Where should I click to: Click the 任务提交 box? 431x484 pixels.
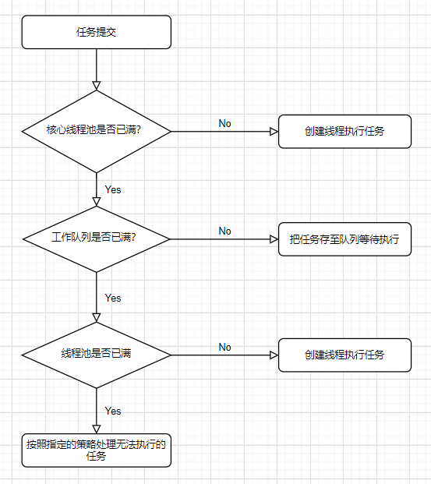click(x=97, y=32)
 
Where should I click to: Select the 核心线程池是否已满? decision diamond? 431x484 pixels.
click(x=97, y=132)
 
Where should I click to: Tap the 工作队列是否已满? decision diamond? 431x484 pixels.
click(x=97, y=239)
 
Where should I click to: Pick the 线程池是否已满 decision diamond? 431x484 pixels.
click(x=97, y=355)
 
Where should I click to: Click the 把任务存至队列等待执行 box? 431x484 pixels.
click(x=344, y=239)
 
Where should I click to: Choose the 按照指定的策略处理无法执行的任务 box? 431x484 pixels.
click(x=97, y=450)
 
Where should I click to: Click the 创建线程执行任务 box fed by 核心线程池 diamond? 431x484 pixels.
click(x=344, y=132)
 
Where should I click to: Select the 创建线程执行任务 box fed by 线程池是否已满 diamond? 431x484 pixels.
click(x=344, y=355)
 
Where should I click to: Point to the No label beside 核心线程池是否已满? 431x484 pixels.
click(x=224, y=123)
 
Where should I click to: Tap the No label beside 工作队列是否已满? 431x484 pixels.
click(x=224, y=231)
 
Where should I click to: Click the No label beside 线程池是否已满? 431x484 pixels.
click(x=224, y=347)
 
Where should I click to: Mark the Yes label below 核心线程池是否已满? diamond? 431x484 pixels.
click(x=113, y=189)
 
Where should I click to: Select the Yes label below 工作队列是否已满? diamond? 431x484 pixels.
click(x=113, y=298)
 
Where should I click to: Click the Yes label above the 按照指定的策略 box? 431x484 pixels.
click(x=113, y=411)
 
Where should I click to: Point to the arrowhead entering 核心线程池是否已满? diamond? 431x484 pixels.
click(x=97, y=86)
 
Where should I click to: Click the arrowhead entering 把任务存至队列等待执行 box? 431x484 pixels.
click(x=274, y=239)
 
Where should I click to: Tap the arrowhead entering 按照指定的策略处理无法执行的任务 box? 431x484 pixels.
click(x=97, y=429)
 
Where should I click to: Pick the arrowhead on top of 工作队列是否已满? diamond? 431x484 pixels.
click(x=97, y=202)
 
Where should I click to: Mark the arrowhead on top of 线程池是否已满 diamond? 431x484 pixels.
click(x=97, y=318)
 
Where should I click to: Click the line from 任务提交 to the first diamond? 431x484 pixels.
click(x=97, y=69)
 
